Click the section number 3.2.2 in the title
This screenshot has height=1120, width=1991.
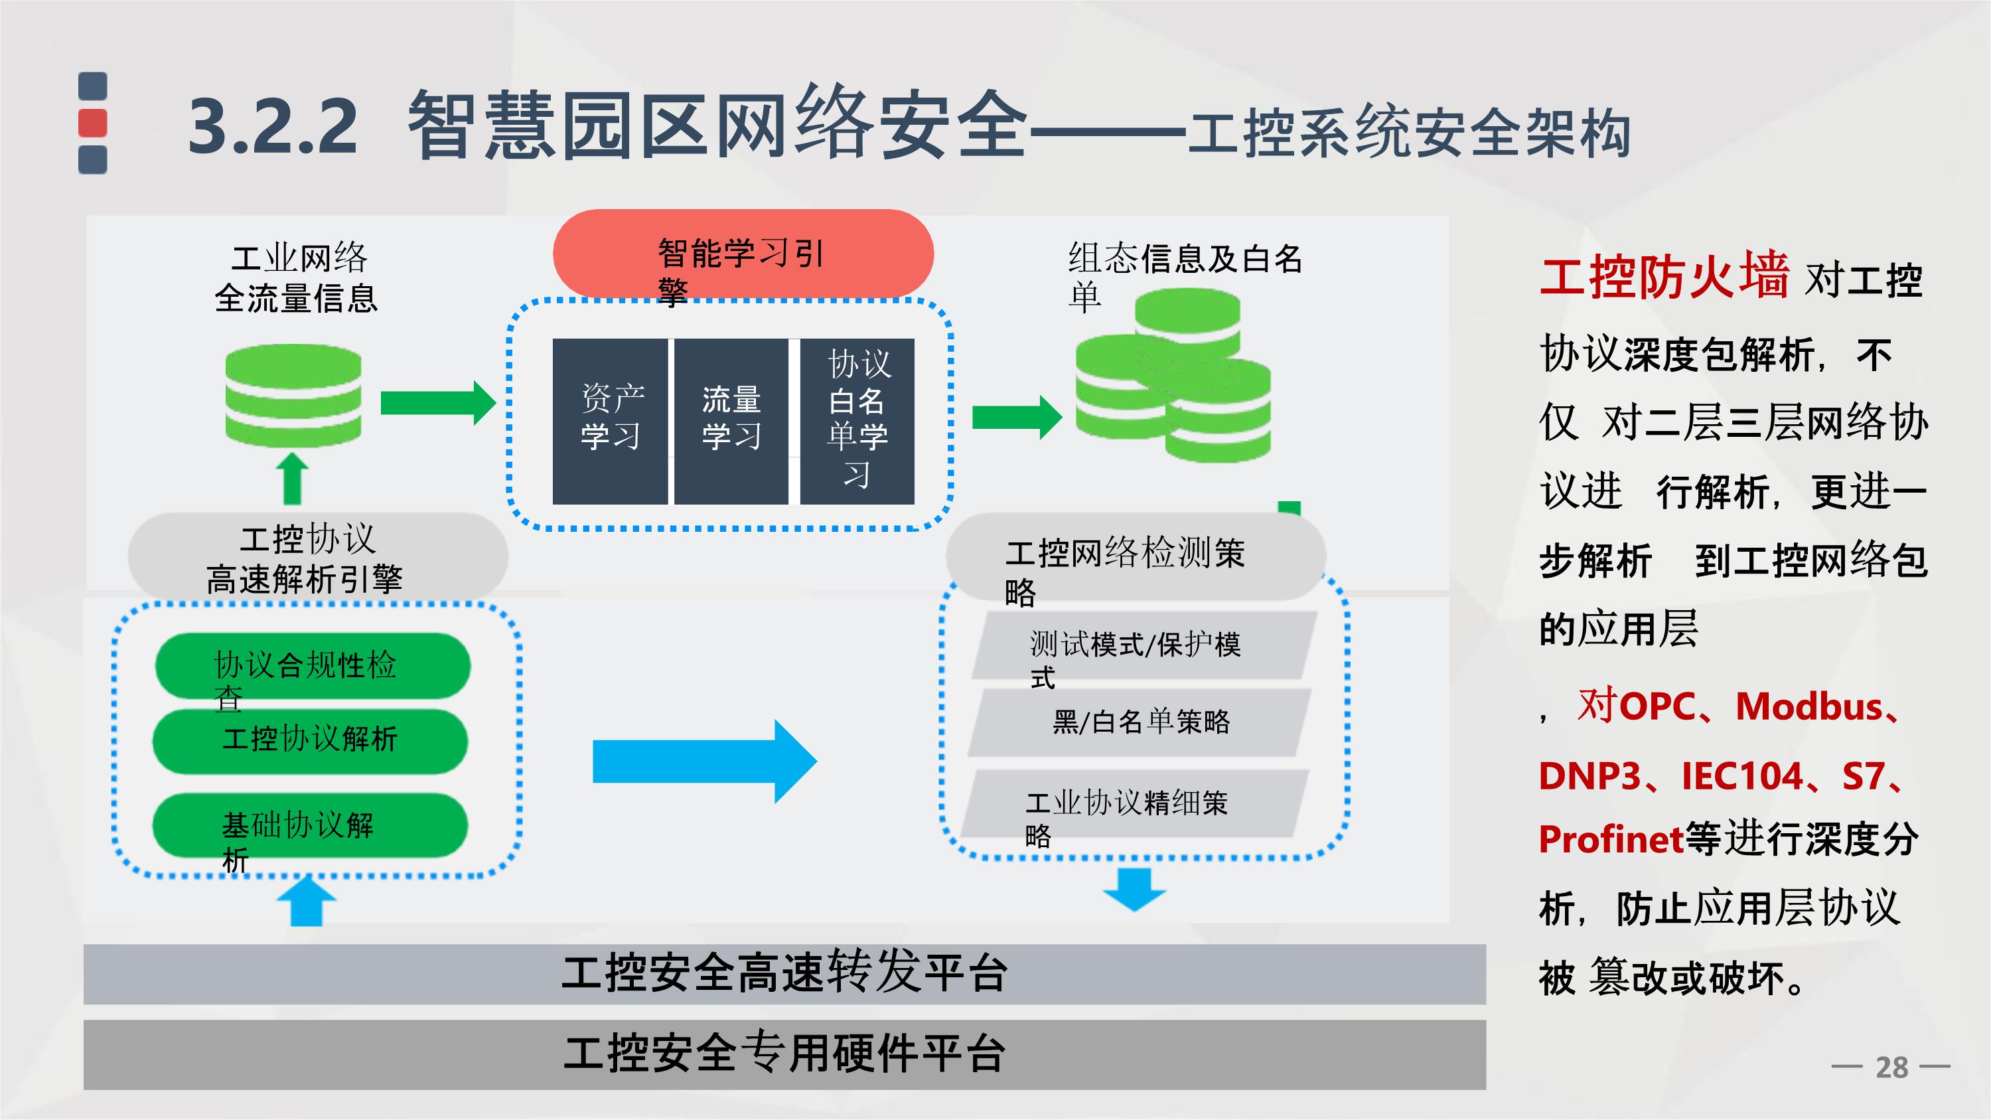[273, 126]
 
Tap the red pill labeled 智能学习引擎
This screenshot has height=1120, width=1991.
[743, 254]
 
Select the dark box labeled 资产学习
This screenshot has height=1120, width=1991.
[610, 422]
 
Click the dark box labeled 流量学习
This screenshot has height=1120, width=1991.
[731, 422]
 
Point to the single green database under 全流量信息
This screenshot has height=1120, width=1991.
[293, 396]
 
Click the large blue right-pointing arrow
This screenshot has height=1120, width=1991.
[703, 761]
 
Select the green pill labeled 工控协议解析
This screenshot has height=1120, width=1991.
[310, 740]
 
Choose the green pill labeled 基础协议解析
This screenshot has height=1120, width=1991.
[310, 825]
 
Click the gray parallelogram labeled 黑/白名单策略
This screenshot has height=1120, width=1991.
[1140, 722]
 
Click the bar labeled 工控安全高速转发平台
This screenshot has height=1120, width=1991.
[784, 973]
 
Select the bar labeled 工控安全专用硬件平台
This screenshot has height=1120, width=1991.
[784, 1054]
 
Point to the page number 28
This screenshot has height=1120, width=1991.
[1891, 1068]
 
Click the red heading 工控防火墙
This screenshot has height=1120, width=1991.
[1664, 276]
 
